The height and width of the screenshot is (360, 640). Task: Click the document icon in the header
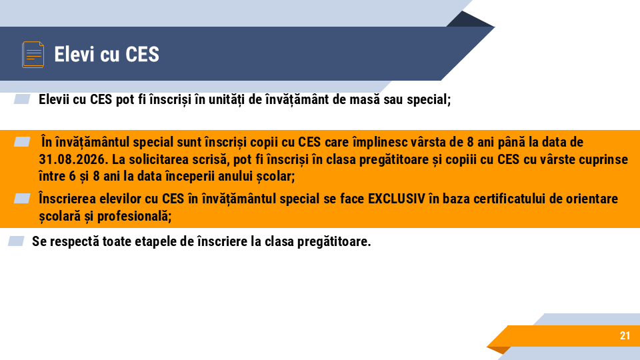(33, 54)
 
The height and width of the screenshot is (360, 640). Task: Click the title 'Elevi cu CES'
(107, 54)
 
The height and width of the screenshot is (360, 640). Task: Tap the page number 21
(625, 336)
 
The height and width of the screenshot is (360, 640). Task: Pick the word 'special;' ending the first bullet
(431, 100)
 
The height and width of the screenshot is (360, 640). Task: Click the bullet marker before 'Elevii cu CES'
(22, 99)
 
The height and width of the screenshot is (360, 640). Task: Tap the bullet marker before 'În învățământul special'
(22, 141)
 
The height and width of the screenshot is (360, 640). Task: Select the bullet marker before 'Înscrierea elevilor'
(22, 198)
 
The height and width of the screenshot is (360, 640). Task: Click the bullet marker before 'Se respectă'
(16, 241)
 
